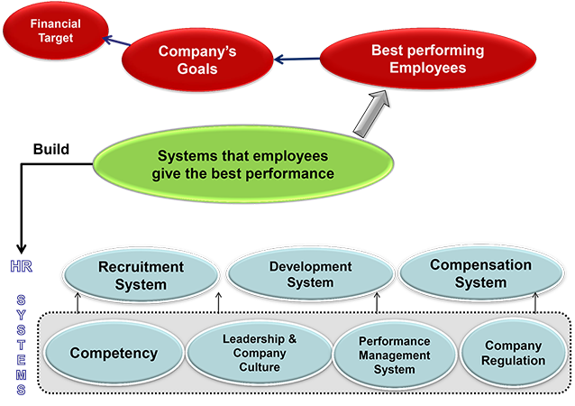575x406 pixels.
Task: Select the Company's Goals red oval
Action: coord(197,60)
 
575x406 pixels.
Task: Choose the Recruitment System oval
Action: coord(141,275)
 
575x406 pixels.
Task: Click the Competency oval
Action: coord(114,354)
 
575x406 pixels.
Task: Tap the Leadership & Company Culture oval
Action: coord(259,354)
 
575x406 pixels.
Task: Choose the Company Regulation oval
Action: coord(513,354)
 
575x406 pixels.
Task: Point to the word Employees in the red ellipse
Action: coord(427,69)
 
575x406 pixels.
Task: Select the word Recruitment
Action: coord(141,267)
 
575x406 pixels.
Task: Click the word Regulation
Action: coord(513,361)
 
